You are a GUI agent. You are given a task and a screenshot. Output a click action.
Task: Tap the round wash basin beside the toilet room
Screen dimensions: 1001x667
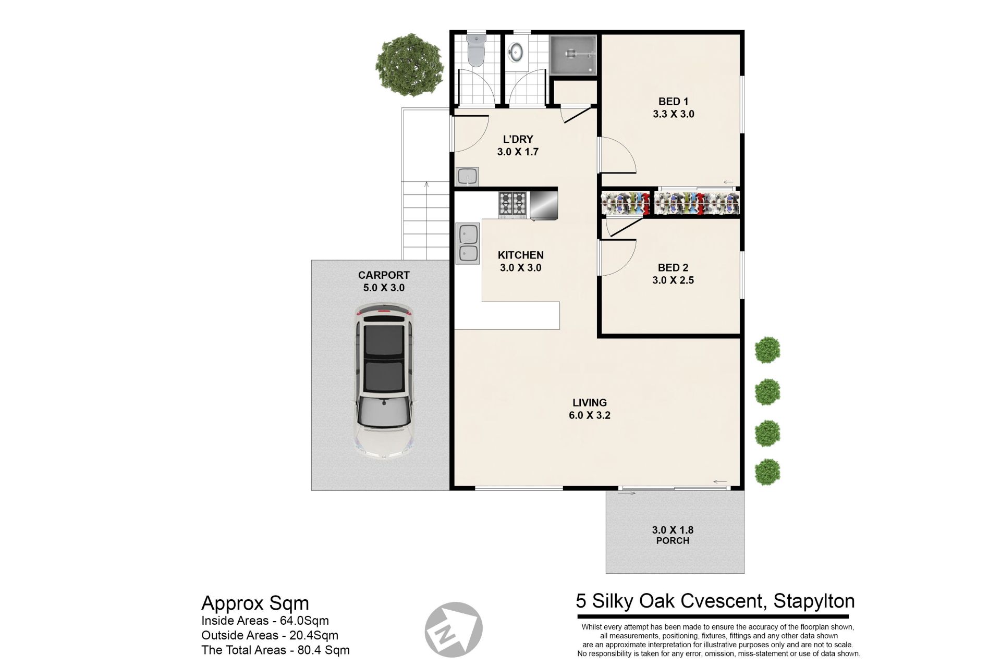(x=516, y=51)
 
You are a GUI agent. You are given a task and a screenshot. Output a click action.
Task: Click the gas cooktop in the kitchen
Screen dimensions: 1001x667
(x=513, y=204)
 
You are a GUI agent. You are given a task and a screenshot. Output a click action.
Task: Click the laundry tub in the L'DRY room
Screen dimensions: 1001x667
(x=468, y=177)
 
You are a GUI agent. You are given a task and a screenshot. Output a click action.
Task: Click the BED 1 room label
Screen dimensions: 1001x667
(x=673, y=102)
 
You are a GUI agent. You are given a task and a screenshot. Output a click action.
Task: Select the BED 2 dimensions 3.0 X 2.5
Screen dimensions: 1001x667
(x=673, y=280)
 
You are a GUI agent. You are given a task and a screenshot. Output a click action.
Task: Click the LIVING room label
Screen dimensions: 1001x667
(x=590, y=403)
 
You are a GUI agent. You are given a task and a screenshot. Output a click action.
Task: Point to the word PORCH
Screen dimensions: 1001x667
(x=673, y=541)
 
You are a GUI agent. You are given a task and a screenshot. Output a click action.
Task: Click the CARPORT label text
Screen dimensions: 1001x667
(x=384, y=275)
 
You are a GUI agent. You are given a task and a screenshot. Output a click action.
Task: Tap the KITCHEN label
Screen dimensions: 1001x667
(x=520, y=255)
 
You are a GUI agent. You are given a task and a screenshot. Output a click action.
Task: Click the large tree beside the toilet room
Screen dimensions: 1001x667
(x=409, y=65)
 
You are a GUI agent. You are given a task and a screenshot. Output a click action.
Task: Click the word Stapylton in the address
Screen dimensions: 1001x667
(x=814, y=601)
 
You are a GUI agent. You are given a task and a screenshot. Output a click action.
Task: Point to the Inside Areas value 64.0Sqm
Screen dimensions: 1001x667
(x=304, y=621)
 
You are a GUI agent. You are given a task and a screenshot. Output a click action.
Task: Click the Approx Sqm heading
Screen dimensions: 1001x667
(x=255, y=603)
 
